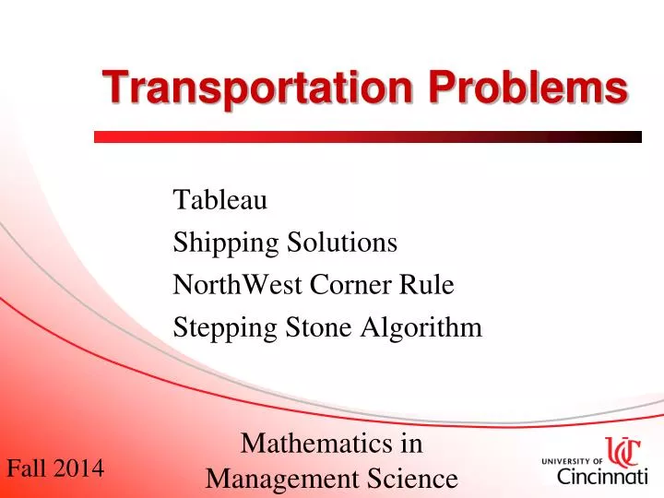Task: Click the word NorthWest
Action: (231, 285)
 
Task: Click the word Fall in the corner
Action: (25, 468)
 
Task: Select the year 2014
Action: (77, 468)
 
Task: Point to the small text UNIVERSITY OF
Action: (571, 460)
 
